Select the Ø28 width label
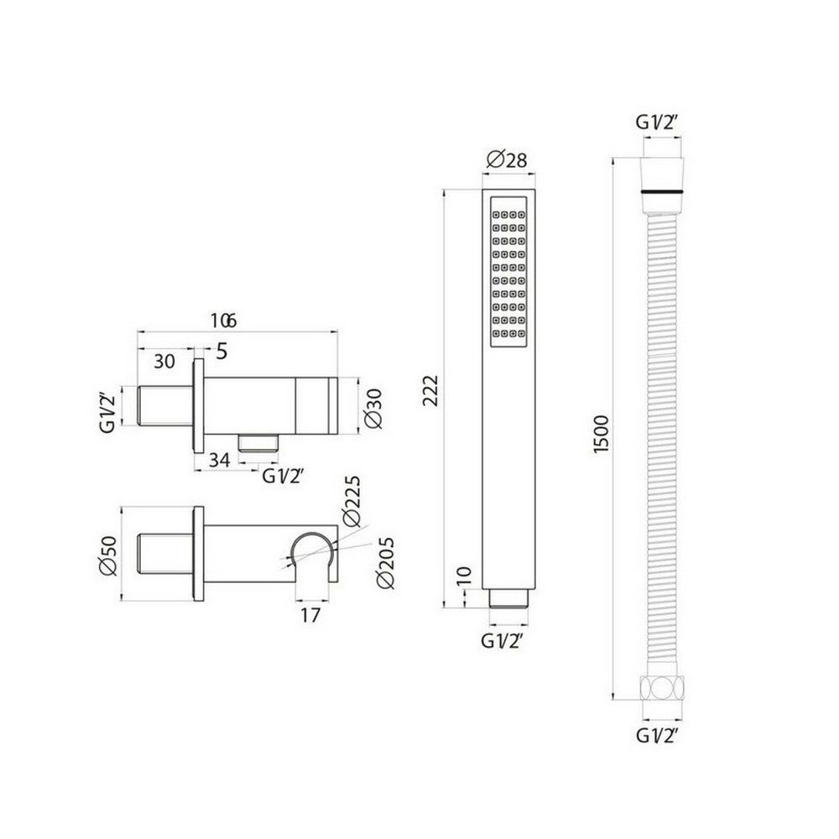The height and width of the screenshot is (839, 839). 506,159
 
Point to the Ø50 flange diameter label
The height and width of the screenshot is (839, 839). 107,554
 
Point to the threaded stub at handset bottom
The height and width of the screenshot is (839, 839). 507,597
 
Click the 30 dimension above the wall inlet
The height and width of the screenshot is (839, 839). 165,362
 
